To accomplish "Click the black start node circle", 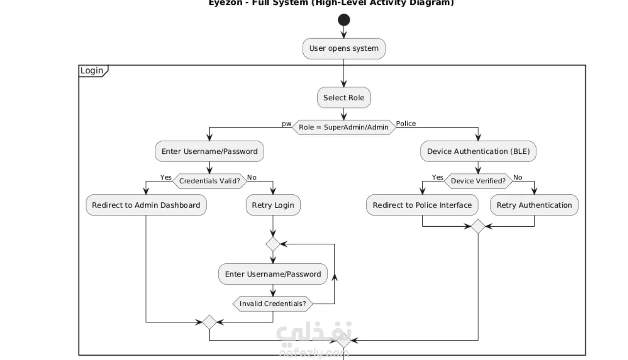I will click(x=344, y=20).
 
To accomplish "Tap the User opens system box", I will click(x=344, y=49).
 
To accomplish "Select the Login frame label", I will click(x=92, y=71).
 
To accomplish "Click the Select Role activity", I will click(x=344, y=98).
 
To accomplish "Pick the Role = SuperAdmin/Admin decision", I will click(x=344, y=127).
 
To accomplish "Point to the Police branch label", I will click(x=406, y=124).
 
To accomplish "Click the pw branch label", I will click(x=286, y=124).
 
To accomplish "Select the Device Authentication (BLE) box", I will click(x=478, y=151).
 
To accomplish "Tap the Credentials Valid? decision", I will click(x=209, y=181).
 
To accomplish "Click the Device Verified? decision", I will click(x=478, y=181).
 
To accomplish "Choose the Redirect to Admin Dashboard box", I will click(x=146, y=205).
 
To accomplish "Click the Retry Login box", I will click(x=273, y=205).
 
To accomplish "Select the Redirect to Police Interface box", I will click(x=422, y=205).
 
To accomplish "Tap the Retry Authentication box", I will click(x=534, y=205).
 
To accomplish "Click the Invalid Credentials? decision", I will click(x=273, y=304).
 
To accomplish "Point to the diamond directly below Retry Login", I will click(x=273, y=244).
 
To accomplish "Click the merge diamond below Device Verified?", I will click(x=478, y=227).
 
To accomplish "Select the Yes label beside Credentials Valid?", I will click(x=166, y=177).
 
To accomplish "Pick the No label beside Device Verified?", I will click(x=518, y=177).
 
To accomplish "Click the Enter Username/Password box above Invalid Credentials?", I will click(x=273, y=274).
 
